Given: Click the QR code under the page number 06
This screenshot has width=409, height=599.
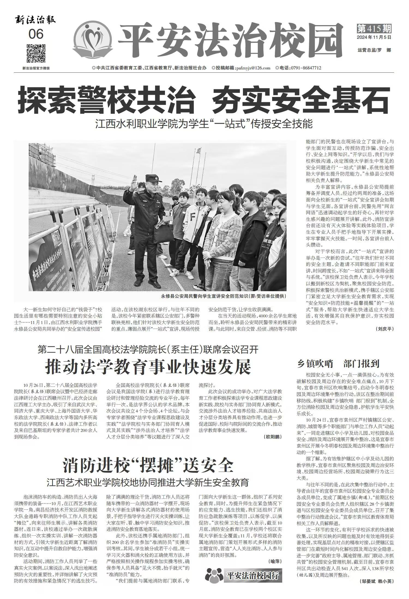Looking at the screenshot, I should click(x=36, y=53).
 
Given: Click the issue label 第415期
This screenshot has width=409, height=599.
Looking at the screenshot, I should click(x=374, y=28).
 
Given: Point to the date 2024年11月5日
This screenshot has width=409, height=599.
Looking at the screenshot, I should click(x=374, y=37).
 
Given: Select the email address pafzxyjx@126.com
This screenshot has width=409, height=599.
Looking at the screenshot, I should click(x=253, y=68).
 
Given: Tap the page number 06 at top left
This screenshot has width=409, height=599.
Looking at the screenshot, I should click(x=36, y=34).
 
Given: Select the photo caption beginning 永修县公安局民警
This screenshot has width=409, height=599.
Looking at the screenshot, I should click(x=224, y=296).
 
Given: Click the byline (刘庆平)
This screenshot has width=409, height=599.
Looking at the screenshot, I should click(x=385, y=329).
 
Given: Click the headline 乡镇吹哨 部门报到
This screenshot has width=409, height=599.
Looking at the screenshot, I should click(x=338, y=364).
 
